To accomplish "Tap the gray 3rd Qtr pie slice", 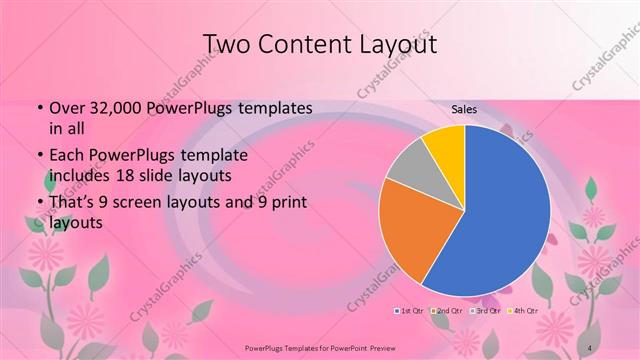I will [x=411, y=169].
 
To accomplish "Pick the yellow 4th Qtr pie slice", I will [x=444, y=145].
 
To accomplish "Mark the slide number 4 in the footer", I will [x=590, y=347].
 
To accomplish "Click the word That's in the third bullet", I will [x=72, y=204].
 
